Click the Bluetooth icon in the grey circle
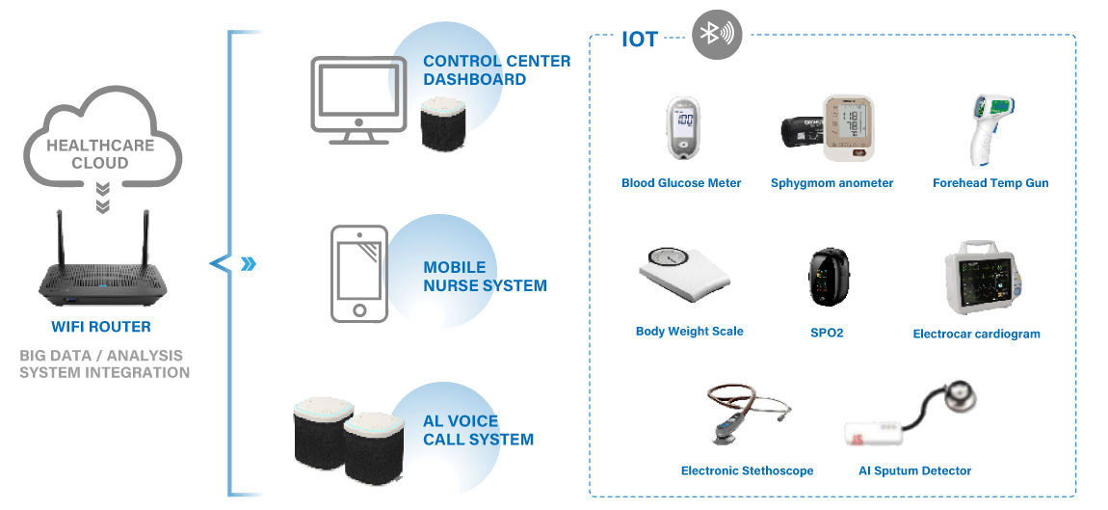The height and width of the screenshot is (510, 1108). click(x=717, y=35)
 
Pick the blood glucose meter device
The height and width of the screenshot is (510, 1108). click(x=683, y=128)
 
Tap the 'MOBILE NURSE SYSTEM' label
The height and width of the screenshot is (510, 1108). click(x=485, y=276)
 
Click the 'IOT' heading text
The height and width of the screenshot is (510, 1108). click(x=640, y=40)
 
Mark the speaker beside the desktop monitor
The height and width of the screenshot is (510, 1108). click(x=444, y=123)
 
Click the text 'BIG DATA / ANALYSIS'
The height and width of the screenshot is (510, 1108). click(x=101, y=356)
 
